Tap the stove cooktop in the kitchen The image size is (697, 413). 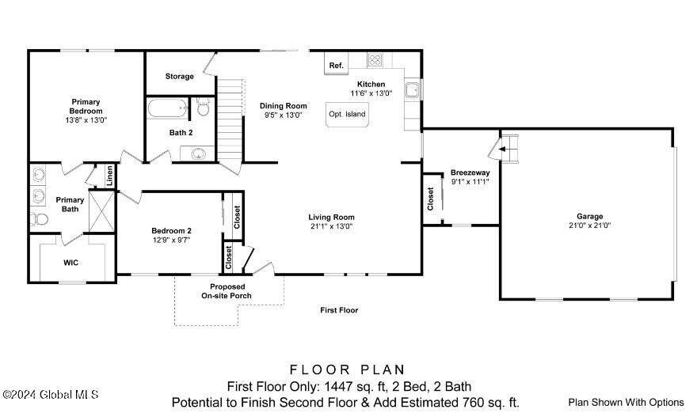coord(375,60)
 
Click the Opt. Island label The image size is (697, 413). coord(347,114)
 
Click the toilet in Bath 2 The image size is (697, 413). coord(203,107)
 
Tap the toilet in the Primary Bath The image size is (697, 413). coord(39,219)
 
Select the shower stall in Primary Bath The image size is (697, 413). coord(102,210)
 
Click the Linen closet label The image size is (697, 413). coord(110,176)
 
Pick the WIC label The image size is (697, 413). coord(70,263)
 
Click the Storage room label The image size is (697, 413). coord(180,77)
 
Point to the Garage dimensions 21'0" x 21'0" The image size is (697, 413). coord(590,225)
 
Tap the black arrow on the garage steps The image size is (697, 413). coord(502,150)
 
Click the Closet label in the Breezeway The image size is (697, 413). coord(430,199)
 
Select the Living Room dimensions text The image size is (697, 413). coord(332,226)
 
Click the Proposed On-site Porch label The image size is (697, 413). coord(227,291)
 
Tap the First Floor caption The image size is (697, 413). coord(339,310)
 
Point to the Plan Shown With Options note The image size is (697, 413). coord(626,403)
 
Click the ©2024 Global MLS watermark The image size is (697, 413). coord(50,394)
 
